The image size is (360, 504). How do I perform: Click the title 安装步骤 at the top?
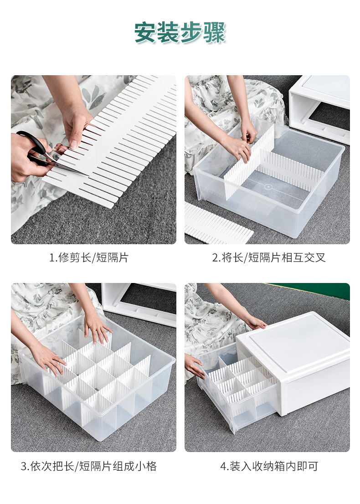[x=180, y=33]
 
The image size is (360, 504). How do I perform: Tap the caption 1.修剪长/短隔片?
[x=89, y=257]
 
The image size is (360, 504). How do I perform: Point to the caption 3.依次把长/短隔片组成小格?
[x=89, y=466]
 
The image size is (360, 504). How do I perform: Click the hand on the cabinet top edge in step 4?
[x=255, y=323]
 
